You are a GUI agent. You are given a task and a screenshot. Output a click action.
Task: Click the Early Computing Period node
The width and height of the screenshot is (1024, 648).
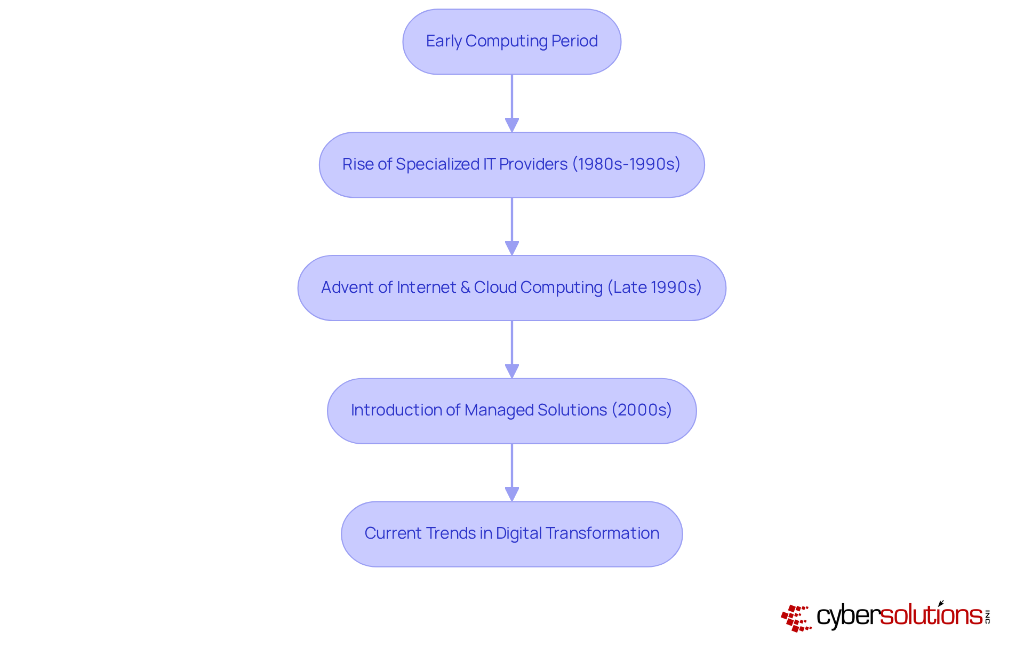click(511, 42)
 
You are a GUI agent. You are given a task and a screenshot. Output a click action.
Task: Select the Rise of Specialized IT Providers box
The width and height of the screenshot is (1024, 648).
click(511, 165)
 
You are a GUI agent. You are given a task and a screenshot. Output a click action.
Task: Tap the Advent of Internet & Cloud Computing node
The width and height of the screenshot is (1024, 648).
click(511, 288)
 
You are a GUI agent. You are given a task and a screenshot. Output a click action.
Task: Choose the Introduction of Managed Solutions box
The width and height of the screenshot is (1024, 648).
click(511, 411)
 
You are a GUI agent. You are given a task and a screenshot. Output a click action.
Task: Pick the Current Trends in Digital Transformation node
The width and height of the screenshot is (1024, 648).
click(511, 534)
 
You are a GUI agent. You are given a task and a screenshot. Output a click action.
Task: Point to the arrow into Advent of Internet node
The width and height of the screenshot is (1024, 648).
click(512, 226)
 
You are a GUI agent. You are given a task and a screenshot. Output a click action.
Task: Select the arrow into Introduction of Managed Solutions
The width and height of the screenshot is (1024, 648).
click(512, 349)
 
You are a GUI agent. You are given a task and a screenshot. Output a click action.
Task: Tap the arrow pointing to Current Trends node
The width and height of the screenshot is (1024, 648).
click(512, 473)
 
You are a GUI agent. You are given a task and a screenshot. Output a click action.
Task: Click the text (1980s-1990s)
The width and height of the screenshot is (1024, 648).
click(626, 164)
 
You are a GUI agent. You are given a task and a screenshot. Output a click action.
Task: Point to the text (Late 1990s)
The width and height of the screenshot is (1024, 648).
click(654, 287)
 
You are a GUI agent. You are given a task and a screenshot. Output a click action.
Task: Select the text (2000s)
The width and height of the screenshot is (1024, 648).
click(642, 410)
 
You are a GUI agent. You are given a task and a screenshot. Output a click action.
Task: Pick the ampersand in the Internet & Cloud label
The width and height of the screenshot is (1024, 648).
click(465, 287)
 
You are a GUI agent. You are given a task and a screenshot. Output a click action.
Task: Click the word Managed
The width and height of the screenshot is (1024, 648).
click(499, 410)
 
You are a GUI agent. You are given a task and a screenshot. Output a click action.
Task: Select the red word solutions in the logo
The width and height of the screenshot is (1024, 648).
click(931, 615)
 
